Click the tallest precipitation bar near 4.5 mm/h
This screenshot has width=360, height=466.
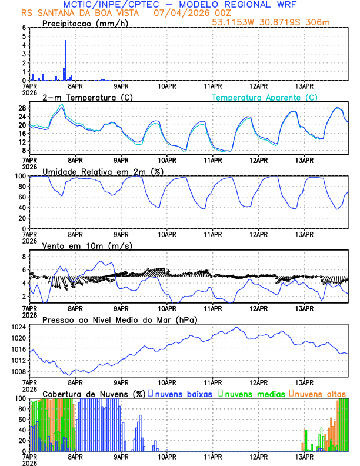pyautogui.click(x=66, y=59)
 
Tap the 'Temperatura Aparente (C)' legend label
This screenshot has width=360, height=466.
pyautogui.click(x=264, y=97)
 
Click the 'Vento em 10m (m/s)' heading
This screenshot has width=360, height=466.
pyautogui.click(x=87, y=245)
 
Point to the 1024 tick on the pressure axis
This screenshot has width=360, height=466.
pyautogui.click(x=19, y=327)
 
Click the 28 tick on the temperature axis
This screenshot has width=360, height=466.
pyautogui.click(x=22, y=108)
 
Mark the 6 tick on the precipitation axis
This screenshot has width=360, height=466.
pyautogui.click(x=24, y=28)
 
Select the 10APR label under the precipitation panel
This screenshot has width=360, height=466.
pyautogui.click(x=167, y=86)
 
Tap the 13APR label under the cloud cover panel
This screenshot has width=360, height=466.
pyautogui.click(x=304, y=457)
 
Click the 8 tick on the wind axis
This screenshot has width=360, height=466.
pyautogui.click(x=24, y=257)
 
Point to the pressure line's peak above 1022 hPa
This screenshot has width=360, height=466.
pyautogui.click(x=237, y=328)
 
